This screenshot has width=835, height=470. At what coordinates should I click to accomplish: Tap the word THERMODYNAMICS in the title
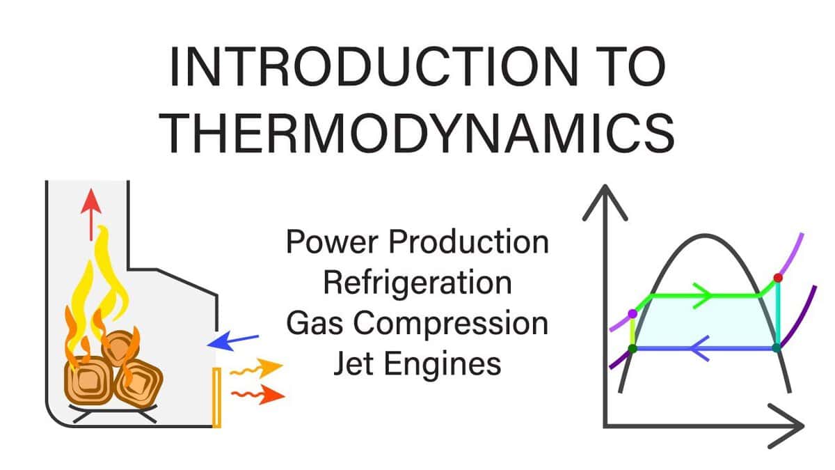point(421,132)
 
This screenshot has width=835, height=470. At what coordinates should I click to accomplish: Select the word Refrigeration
point(417,282)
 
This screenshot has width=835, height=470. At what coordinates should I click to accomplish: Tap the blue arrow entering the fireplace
point(232,340)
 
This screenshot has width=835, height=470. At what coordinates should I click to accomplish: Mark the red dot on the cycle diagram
point(778,278)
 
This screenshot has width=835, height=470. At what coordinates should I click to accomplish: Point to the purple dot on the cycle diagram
point(632,314)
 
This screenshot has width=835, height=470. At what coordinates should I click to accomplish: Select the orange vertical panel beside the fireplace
point(216,397)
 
